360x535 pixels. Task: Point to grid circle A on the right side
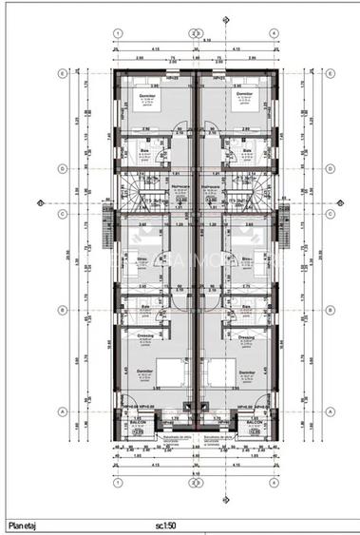(328, 411)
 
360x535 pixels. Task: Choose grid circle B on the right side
(328, 310)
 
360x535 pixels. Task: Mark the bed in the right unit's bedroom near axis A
(228, 373)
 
